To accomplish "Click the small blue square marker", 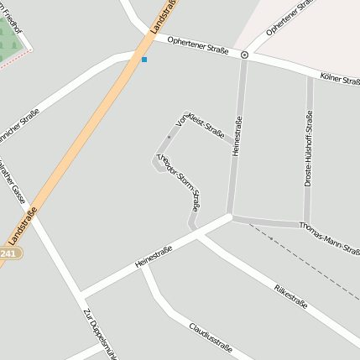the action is coord(144,60).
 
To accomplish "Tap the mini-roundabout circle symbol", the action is coord(244,55).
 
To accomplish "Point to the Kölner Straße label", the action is coord(340,80).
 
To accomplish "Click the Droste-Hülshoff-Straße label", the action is coord(309,149).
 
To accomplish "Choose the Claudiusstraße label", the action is coord(210,338).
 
